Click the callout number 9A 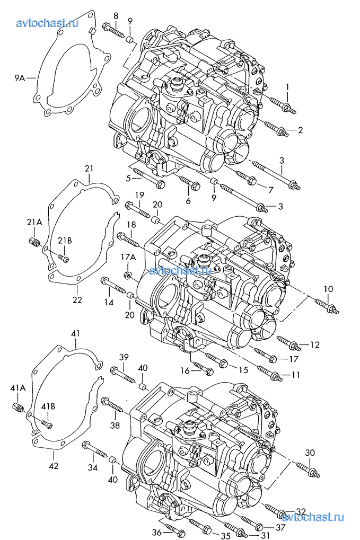pyautogui.click(x=20, y=78)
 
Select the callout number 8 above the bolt pyautogui.click(x=116, y=15)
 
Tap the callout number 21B pyautogui.click(x=65, y=241)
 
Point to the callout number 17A pyautogui.click(x=128, y=256)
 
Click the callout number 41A pyautogui.click(x=18, y=388)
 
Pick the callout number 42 pyautogui.click(x=54, y=466)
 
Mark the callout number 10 pyautogui.click(x=328, y=289)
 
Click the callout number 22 pyautogui.click(x=77, y=299)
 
